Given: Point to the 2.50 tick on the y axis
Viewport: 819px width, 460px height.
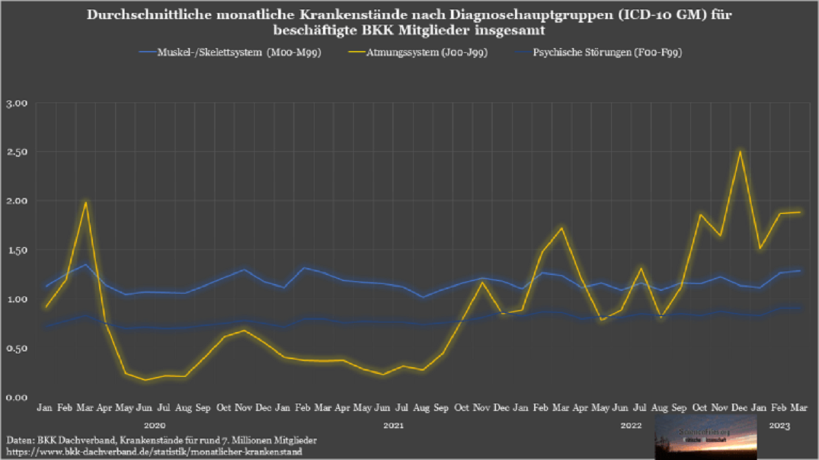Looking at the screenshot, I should coord(17,152).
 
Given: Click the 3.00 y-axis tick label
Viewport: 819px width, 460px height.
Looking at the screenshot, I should coord(17,103).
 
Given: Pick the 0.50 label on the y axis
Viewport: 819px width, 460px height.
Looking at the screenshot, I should coord(17,348).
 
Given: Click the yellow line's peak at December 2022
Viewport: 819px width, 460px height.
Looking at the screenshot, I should coord(740,151).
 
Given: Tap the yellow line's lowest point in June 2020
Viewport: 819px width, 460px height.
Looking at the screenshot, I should coord(145,380).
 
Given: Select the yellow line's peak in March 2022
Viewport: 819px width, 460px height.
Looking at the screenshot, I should coord(562,228).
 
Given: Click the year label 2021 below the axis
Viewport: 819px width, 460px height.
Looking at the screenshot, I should coord(393,426).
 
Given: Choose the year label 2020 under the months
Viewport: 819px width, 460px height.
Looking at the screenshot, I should coord(155,426).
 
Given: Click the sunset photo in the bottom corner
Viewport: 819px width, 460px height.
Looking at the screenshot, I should coord(705,437).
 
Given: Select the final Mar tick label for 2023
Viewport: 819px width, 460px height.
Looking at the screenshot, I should coord(800,408).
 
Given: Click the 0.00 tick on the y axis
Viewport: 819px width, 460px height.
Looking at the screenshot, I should coord(17,397).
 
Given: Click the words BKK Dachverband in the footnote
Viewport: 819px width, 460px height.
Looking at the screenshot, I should coord(74,439).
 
